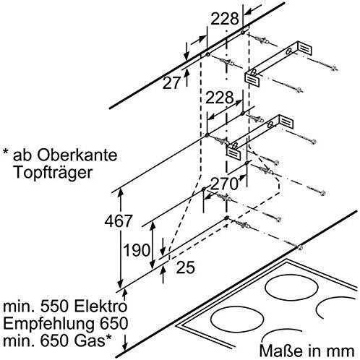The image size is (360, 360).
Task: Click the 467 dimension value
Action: [x=119, y=220]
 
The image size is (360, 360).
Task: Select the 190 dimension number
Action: [x=137, y=250]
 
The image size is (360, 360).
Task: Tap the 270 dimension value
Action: [x=224, y=184]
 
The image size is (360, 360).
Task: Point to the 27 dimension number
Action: [x=171, y=83]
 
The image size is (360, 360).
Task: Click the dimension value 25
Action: [x=185, y=267]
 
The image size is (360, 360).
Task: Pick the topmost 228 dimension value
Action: [x=225, y=19]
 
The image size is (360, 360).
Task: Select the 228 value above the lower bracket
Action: [x=219, y=98]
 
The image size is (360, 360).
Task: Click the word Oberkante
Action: [x=77, y=155]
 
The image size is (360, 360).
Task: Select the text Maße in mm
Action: [x=307, y=350]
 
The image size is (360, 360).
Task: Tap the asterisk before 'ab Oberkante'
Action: [x=6, y=153]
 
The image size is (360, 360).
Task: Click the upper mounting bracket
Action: [x=278, y=63]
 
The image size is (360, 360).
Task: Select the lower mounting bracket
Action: [x=260, y=137]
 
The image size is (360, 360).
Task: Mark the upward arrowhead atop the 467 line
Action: [x=121, y=192]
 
